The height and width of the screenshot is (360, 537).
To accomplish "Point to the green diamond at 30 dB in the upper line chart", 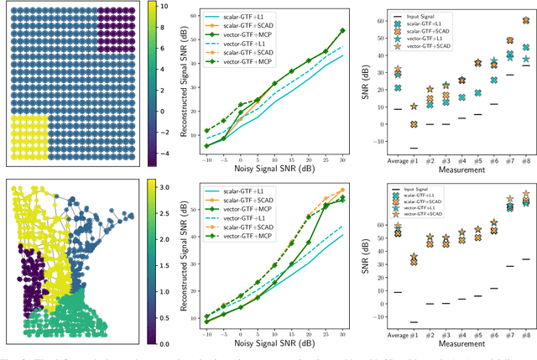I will click(342, 30).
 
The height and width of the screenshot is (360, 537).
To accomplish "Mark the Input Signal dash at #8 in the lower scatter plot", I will click(525, 258).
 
